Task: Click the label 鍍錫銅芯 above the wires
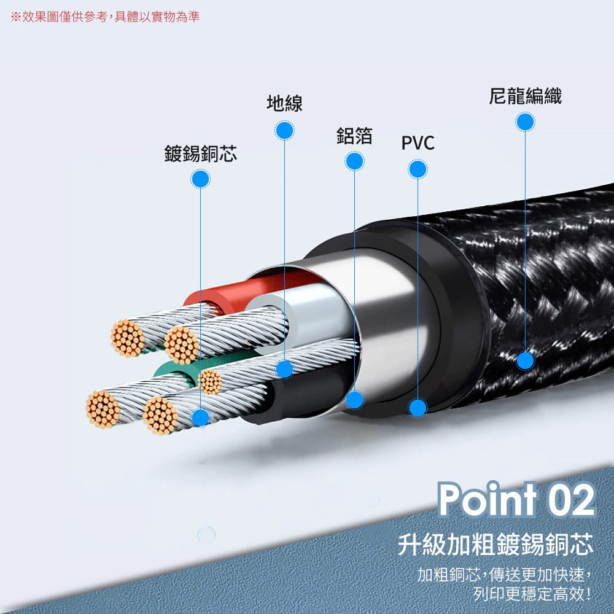click(200, 153)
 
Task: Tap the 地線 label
click(284, 103)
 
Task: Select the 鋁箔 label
click(354, 136)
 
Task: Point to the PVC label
click(418, 144)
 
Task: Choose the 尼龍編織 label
click(525, 96)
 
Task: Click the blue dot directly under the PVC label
click(418, 169)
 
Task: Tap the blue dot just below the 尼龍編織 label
click(525, 122)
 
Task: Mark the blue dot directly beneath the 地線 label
click(284, 130)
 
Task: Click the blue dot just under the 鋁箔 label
click(354, 161)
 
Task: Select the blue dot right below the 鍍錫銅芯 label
click(200, 179)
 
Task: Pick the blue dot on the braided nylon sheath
click(525, 360)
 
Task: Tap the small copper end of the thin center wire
click(211, 381)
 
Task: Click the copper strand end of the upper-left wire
click(127, 338)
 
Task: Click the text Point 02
click(516, 500)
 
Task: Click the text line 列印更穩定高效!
click(532, 593)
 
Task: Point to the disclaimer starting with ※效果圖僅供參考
click(105, 17)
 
